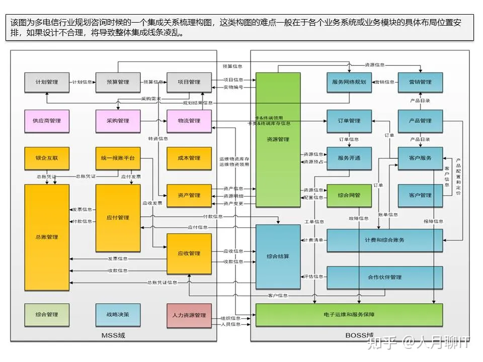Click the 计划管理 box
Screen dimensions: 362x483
coord(47,82)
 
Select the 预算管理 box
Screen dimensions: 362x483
coord(118,82)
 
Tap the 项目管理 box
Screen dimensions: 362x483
coord(189,82)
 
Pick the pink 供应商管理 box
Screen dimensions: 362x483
coord(47,121)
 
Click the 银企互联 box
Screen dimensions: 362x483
coord(47,158)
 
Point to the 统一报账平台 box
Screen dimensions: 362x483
coord(118,158)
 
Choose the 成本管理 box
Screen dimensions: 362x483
coord(189,158)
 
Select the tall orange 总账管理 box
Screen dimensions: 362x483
coord(47,237)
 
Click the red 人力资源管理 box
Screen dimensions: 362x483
coord(189,315)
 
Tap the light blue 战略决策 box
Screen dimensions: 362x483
coord(118,315)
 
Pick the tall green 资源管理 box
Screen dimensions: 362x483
coord(278,139)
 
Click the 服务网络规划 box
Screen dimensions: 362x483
coord(349,82)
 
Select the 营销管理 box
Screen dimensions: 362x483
coord(420,82)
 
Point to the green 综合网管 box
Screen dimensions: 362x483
coord(349,196)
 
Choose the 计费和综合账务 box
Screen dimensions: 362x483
coord(385,240)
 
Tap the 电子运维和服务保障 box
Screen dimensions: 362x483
coord(349,315)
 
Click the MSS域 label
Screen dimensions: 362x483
coord(113,335)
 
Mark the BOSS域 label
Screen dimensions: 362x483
coord(359,335)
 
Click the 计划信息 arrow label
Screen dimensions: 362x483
coord(83,82)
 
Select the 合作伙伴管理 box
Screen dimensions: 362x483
coord(385,277)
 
